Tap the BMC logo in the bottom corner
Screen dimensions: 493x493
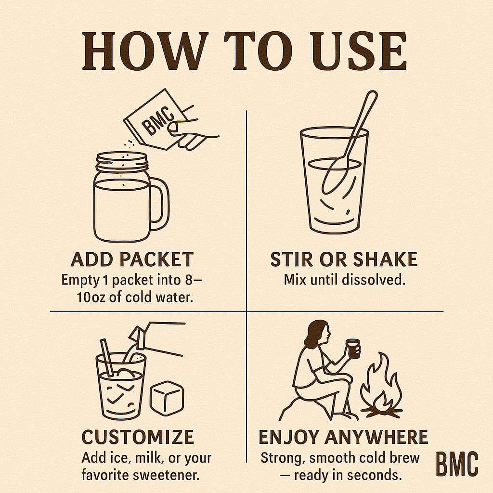coord(457,464)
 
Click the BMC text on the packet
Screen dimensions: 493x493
coord(158,121)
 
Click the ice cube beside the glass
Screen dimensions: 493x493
coord(167,398)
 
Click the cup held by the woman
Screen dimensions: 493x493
coord(353,349)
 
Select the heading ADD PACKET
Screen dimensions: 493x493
coord(132,259)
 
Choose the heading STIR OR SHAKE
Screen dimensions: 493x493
coord(344,259)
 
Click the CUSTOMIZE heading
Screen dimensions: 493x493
coord(138,437)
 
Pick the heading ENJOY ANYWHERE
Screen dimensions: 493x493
coord(343,437)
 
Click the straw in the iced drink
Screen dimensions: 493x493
coord(107,358)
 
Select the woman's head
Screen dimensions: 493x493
coord(318,333)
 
